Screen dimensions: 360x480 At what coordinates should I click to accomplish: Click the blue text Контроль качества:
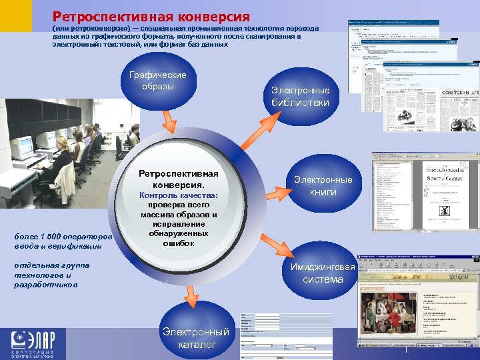coord(178,195)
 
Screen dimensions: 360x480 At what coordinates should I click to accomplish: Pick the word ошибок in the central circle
coord(178,243)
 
